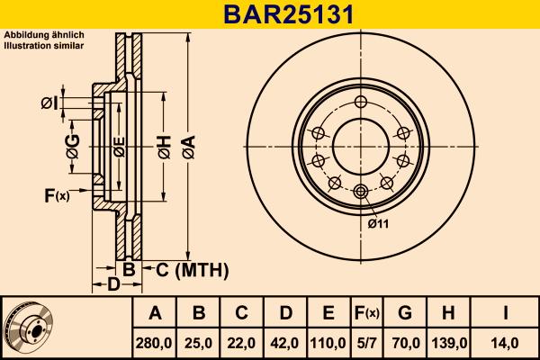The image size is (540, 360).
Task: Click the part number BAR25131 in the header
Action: [x=269, y=14]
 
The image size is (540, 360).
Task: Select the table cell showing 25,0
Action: [x=199, y=343]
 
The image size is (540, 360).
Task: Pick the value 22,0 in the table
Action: [x=242, y=343]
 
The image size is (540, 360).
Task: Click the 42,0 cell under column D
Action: [x=285, y=343]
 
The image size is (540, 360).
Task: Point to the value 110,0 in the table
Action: [x=328, y=343]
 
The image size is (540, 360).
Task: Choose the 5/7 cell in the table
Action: [x=366, y=343]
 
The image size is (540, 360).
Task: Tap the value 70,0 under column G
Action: [x=405, y=343]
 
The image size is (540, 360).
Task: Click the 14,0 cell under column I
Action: [x=507, y=343]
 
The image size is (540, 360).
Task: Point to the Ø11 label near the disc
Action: [x=377, y=224]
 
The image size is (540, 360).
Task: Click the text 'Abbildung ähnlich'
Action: [x=44, y=35]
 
